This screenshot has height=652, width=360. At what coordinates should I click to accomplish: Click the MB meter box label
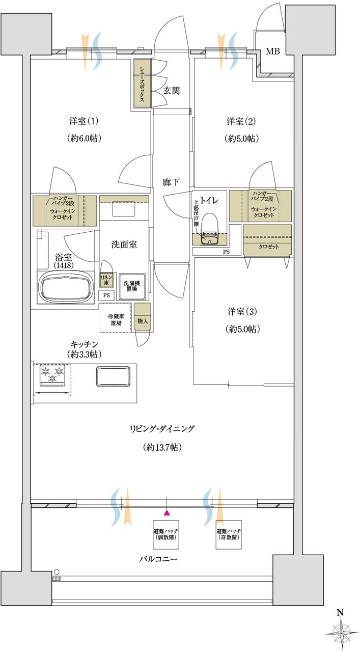pyautogui.click(x=273, y=51)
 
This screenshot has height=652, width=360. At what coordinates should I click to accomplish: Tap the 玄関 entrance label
pyautogui.click(x=171, y=91)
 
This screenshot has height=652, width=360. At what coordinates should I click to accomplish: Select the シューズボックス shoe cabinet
pyautogui.click(x=142, y=83)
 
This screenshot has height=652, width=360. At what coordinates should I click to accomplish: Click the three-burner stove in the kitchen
pyautogui.click(x=52, y=375)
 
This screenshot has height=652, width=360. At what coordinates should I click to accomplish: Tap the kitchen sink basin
pyautogui.click(x=113, y=376)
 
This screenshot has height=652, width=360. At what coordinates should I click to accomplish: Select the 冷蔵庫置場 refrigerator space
pyautogui.click(x=115, y=317)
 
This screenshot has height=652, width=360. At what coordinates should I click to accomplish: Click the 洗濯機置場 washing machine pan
pyautogui.click(x=132, y=286)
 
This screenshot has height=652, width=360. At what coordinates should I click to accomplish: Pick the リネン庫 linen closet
pyautogui.click(x=106, y=280)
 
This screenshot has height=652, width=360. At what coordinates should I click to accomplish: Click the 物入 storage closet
pyautogui.click(x=143, y=317)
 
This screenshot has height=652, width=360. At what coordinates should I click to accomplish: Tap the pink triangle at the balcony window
pyautogui.click(x=167, y=513)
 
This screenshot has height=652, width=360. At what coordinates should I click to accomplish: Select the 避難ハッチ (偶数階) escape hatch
pyautogui.click(x=166, y=534)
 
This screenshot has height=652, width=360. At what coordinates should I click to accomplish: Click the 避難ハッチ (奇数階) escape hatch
pyautogui.click(x=229, y=534)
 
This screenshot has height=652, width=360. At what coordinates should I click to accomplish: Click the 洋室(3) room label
pyautogui.click(x=242, y=312)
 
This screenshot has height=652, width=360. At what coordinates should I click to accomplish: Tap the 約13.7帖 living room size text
pyautogui.click(x=162, y=447)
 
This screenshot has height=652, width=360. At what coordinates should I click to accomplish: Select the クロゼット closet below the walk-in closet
pyautogui.click(x=267, y=240)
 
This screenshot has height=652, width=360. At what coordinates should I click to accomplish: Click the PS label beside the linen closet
pyautogui.click(x=106, y=295)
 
